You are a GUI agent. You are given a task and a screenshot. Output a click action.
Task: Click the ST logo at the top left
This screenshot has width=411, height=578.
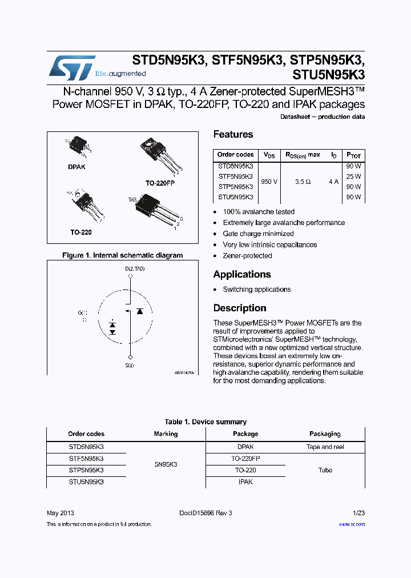point(71,67)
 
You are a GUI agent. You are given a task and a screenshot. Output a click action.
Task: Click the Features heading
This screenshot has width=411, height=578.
point(233,135)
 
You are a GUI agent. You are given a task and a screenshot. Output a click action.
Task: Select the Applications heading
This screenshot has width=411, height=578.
point(242,274)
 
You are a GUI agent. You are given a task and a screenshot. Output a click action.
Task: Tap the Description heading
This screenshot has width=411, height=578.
point(240,308)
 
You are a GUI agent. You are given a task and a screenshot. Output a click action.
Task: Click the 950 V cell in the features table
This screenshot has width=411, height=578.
point(269,182)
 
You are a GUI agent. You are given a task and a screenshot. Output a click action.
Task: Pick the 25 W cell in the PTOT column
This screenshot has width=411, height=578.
point(353,176)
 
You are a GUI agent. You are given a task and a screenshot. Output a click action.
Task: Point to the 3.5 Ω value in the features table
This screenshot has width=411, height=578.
point(303,182)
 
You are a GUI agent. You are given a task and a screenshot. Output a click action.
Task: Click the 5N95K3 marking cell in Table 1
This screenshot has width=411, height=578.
point(166,464)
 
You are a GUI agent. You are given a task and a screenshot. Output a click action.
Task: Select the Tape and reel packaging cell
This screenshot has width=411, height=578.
point(325,447)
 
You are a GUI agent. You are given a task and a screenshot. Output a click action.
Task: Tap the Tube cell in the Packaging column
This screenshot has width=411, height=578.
point(325,470)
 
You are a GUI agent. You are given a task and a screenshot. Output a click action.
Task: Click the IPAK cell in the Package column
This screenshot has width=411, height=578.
point(245,482)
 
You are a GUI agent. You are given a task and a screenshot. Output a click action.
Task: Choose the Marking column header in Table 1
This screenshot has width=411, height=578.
point(166,434)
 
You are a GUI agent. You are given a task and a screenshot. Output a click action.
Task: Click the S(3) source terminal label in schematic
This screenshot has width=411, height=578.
point(130,365)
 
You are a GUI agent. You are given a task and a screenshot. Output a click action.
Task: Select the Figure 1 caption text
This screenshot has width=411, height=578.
point(122,255)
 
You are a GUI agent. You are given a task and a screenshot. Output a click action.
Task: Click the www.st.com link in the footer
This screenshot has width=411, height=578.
point(352,524)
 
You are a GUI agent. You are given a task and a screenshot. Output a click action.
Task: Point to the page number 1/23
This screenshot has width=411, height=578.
point(359,513)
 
